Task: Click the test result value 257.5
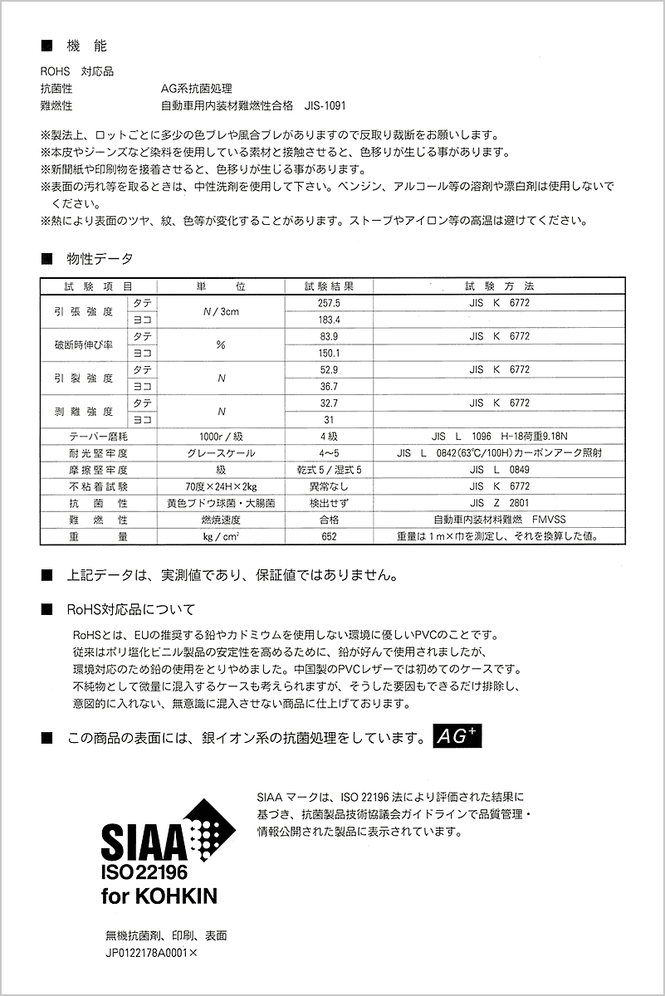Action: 329,304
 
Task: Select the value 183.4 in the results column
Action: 329,320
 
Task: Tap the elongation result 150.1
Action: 329,354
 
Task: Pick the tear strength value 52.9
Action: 329,370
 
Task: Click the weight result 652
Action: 329,537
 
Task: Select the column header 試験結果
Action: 329,286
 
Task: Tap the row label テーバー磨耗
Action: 99,437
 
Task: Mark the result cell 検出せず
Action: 329,503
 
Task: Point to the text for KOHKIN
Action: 159,896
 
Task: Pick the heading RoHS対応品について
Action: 131,610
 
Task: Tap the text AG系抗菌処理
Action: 197,89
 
